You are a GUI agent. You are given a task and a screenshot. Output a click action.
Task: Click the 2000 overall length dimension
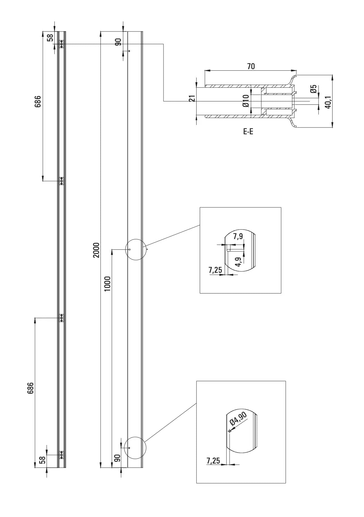pyautogui.click(x=96, y=250)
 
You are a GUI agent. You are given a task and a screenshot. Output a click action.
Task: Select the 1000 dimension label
pyautogui.click(x=108, y=284)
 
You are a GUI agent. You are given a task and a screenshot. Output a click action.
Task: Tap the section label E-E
pyautogui.click(x=248, y=132)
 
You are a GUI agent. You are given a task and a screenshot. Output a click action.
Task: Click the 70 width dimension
pyautogui.click(x=251, y=66)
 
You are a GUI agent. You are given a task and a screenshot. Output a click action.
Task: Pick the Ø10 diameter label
pyautogui.click(x=246, y=101)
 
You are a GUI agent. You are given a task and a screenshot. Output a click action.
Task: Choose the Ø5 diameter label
pyautogui.click(x=313, y=89)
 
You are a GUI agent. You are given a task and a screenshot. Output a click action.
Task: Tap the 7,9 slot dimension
pyautogui.click(x=238, y=236)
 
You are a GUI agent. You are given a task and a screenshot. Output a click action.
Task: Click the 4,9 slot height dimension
pyautogui.click(x=239, y=262)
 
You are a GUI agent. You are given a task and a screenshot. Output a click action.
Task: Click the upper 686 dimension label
pyautogui.click(x=38, y=101)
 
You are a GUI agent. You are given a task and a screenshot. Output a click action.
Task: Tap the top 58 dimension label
pyautogui.click(x=50, y=38)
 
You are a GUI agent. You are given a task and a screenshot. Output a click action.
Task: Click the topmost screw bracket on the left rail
pyautogui.click(x=62, y=44)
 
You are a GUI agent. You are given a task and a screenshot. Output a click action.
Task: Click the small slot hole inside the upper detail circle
pyautogui.click(x=130, y=249)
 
